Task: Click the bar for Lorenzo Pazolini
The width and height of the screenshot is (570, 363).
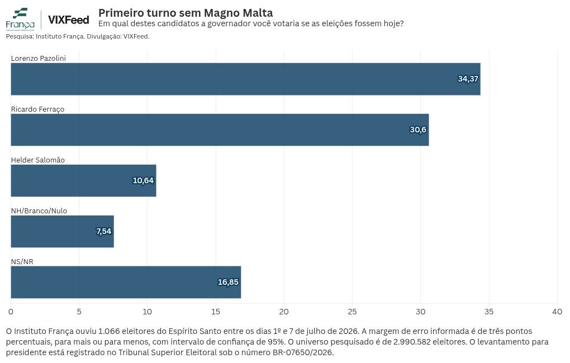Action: click(x=245, y=79)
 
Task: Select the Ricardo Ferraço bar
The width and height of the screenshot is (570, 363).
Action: click(x=220, y=130)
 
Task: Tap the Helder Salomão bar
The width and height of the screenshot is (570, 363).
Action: click(x=84, y=180)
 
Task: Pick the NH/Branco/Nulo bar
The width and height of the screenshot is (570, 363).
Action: click(x=62, y=231)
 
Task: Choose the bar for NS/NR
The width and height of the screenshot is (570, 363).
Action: click(x=126, y=283)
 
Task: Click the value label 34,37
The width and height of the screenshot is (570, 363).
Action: click(x=468, y=79)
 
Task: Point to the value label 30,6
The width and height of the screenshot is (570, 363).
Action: click(x=418, y=130)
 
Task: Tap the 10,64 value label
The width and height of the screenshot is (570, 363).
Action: click(x=143, y=180)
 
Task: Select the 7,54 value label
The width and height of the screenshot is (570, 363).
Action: click(x=103, y=231)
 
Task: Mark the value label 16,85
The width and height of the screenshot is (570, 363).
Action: click(x=228, y=283)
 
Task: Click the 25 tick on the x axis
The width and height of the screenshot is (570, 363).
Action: click(x=352, y=312)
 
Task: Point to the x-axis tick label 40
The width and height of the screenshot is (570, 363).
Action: click(x=557, y=312)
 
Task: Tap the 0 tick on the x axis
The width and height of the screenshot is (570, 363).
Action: click(x=11, y=312)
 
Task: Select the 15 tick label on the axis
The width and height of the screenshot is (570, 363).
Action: click(x=216, y=312)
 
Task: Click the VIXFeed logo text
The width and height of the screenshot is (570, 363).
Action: click(x=68, y=20)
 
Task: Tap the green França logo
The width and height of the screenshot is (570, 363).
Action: click(x=20, y=19)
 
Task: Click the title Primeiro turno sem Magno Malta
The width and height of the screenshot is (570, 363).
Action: click(x=186, y=13)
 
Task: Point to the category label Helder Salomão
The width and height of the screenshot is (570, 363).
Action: click(x=38, y=160)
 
